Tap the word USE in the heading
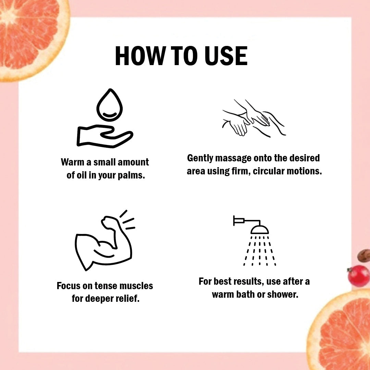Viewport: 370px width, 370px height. (x=226, y=56)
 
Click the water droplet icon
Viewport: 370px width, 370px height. (x=110, y=105)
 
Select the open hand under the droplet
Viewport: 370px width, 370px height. (x=104, y=136)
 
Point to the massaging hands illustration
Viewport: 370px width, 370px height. (x=254, y=118)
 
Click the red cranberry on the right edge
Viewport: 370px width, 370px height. (x=359, y=276)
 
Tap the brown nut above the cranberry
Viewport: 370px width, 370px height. (x=364, y=256)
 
